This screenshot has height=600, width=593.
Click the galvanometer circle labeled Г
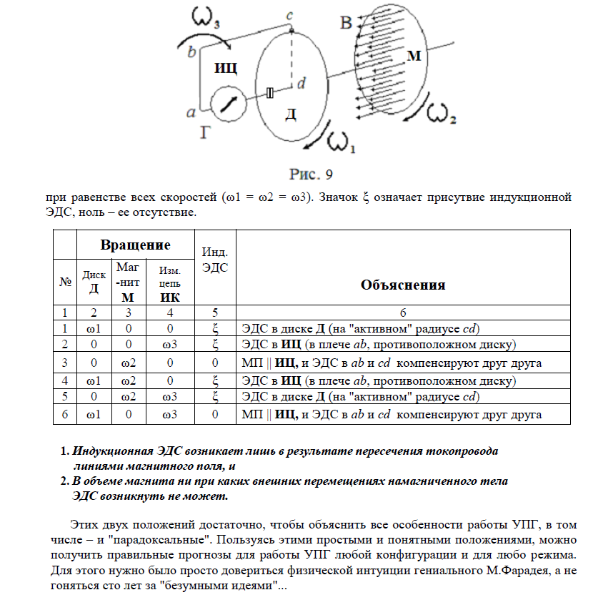click(x=229, y=104)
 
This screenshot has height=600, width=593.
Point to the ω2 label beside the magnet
click(x=441, y=114)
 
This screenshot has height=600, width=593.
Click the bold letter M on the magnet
click(x=414, y=56)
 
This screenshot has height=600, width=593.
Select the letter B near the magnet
click(x=347, y=24)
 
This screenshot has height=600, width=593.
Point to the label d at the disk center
click(x=302, y=84)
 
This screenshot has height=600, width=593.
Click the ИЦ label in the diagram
click(x=225, y=68)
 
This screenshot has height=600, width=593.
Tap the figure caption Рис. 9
click(x=311, y=174)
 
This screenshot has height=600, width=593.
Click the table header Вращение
click(x=135, y=245)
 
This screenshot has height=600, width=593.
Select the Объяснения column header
click(x=403, y=285)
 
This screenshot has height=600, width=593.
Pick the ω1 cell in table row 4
click(x=92, y=380)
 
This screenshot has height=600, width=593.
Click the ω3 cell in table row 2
click(x=169, y=345)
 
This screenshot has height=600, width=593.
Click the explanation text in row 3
click(x=392, y=363)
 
